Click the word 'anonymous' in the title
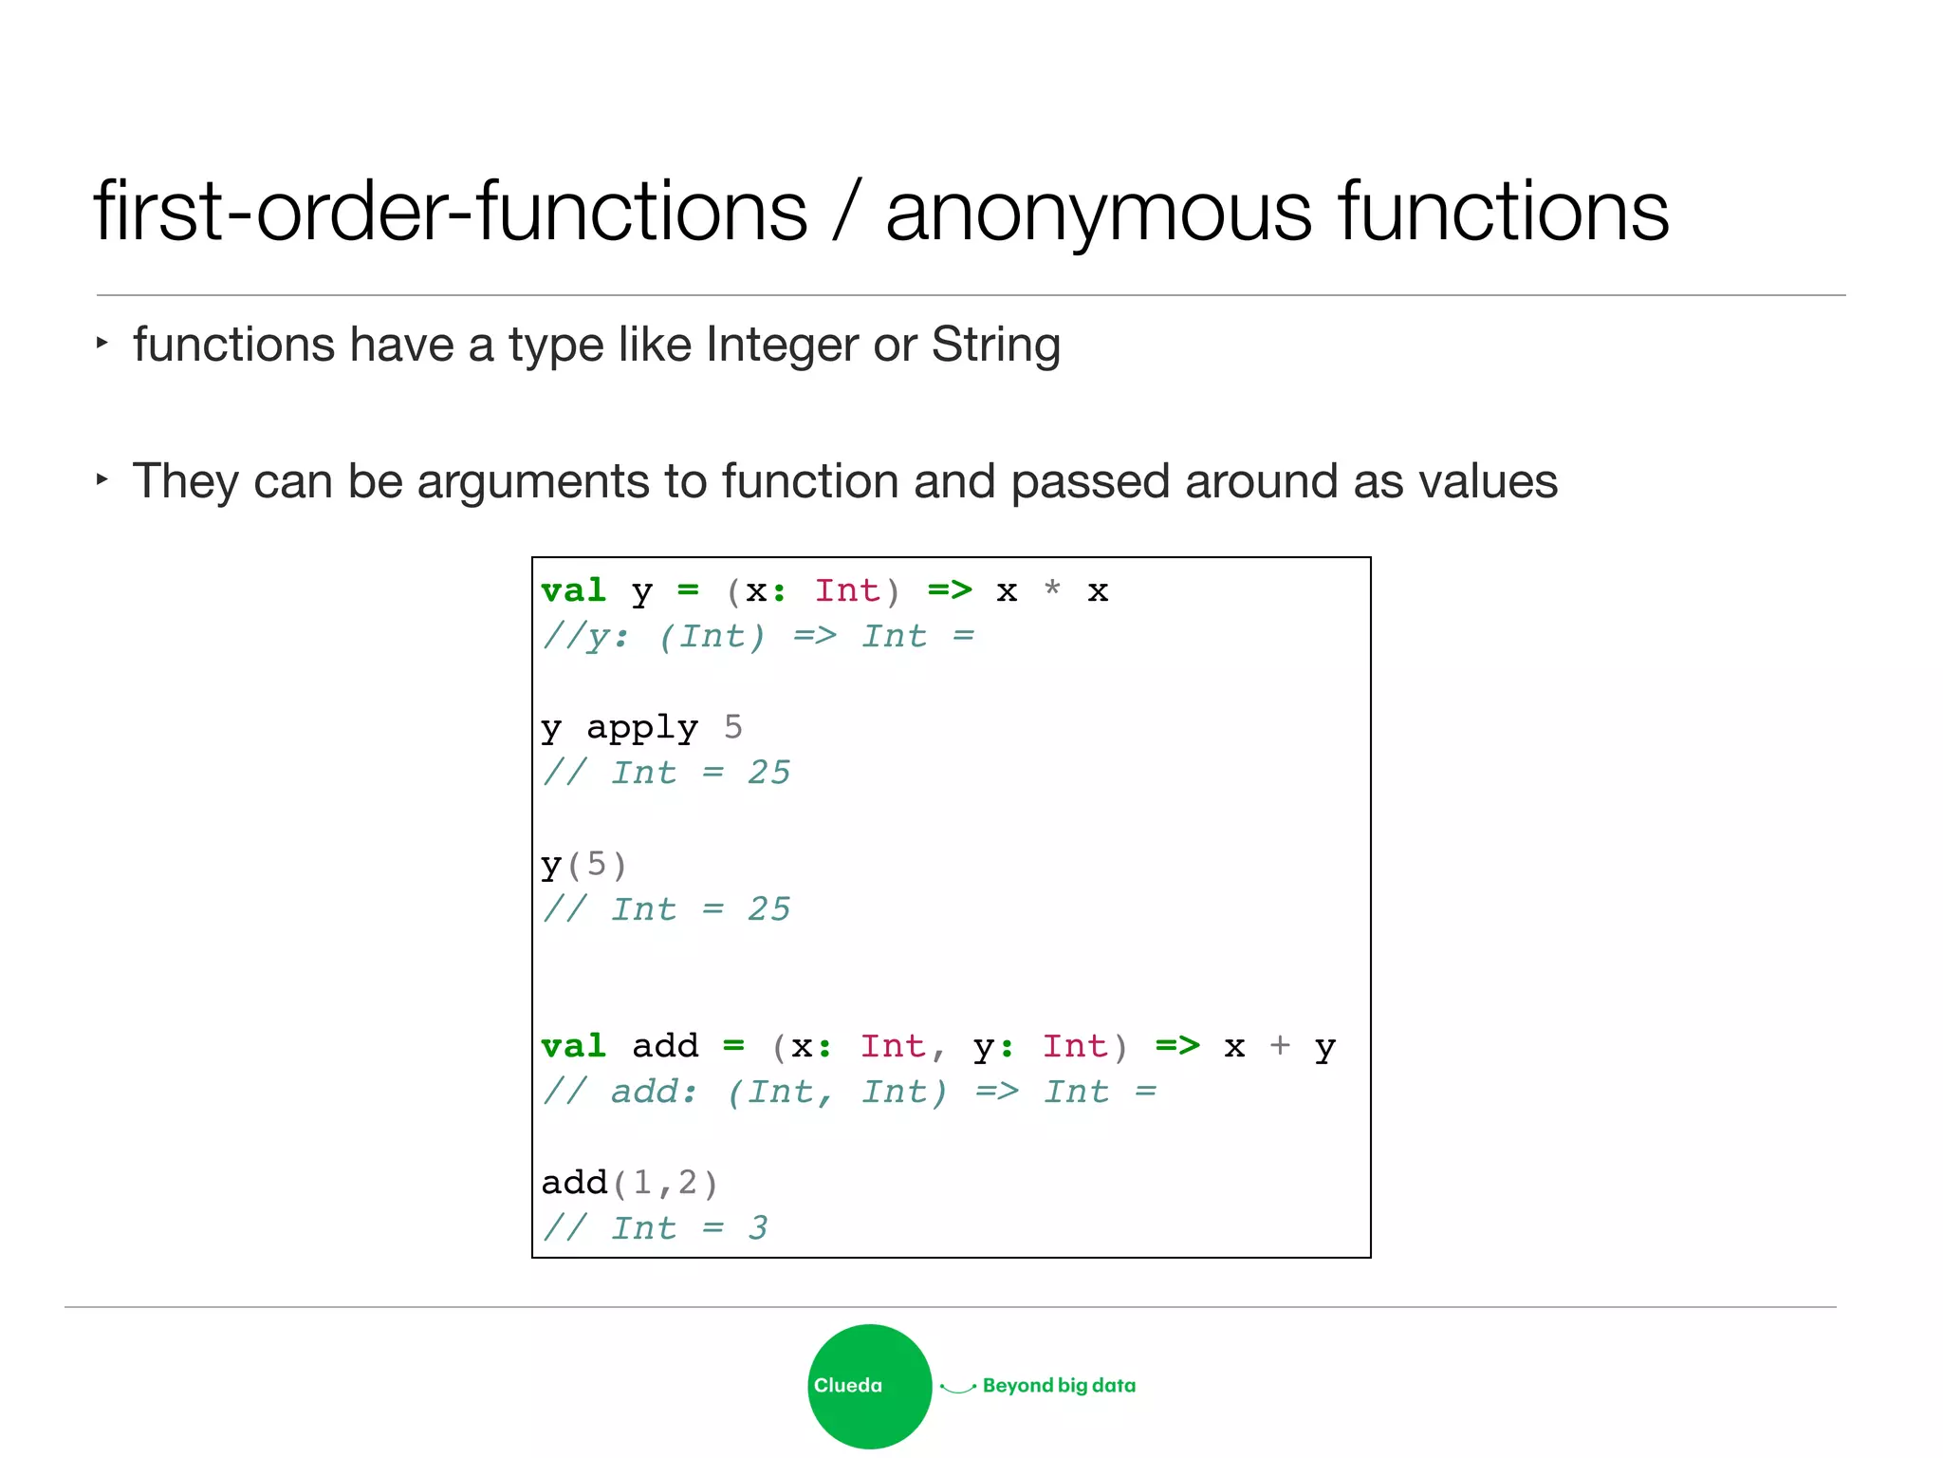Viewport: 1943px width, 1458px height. coord(1099,213)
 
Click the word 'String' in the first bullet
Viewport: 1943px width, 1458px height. coord(995,345)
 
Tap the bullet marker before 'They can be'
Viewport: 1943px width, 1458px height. coord(102,479)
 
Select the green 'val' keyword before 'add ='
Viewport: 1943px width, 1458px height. coord(573,1046)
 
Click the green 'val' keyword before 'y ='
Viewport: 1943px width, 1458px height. coord(573,590)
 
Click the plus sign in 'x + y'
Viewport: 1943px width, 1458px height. coord(1280,1046)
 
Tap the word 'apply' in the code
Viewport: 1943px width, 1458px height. coord(642,728)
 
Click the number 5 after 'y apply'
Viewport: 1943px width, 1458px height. coord(732,727)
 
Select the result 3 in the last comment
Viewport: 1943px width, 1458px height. coord(757,1228)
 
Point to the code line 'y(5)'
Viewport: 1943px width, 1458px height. coord(583,865)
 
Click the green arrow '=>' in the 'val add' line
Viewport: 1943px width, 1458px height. coord(1177,1046)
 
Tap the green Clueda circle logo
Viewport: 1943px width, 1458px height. coord(869,1386)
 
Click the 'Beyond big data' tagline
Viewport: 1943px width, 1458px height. coord(1059,1386)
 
